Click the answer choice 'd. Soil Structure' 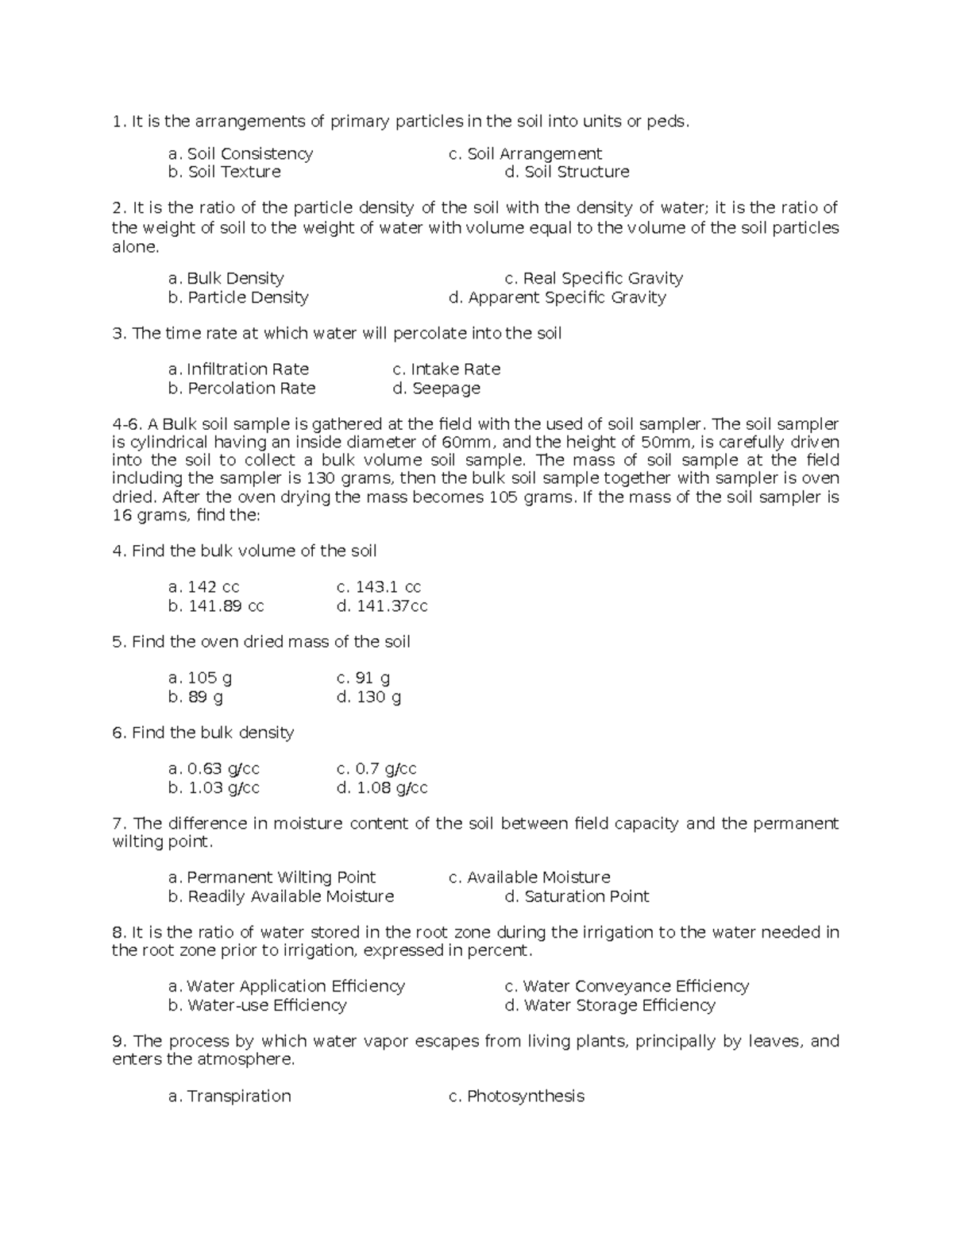point(567,172)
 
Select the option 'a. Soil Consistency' point(241,154)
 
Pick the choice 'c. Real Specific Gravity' point(593,279)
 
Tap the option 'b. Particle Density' point(238,298)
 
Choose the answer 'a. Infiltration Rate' point(238,369)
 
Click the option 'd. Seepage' point(436,389)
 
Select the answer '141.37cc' point(382,606)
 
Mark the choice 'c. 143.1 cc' point(378,587)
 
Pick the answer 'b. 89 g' point(195,698)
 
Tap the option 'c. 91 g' point(363,679)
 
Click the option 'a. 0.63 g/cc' point(214,769)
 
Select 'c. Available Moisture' point(529,878)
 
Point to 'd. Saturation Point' point(577,897)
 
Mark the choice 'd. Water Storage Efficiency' point(610,1006)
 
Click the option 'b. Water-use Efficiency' point(257,1006)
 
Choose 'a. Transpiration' point(230,1097)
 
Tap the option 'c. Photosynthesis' point(516,1097)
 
